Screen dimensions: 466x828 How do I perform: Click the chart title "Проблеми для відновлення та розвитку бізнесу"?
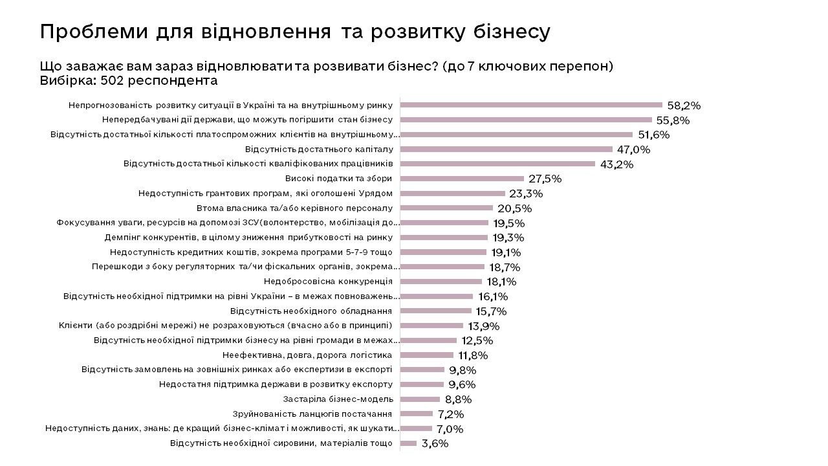(295, 32)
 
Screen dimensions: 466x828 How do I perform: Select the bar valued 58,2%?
(531, 105)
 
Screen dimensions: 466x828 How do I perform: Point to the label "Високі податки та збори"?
(338, 179)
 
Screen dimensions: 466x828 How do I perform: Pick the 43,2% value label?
(616, 164)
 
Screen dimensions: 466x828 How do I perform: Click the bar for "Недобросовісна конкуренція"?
(441, 282)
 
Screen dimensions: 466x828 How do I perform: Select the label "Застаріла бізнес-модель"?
(338, 399)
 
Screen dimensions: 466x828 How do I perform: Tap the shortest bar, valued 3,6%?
(408, 443)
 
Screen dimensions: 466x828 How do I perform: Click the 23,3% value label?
(526, 194)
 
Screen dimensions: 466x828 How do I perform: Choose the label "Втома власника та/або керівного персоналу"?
(294, 208)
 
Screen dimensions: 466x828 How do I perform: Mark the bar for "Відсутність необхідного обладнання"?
(436, 311)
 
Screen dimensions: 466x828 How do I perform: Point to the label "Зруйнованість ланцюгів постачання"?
(312, 414)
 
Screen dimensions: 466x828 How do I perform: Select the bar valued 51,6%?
(516, 135)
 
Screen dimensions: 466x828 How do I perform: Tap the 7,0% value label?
(450, 429)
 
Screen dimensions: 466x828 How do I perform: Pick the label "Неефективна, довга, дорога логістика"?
(307, 355)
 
